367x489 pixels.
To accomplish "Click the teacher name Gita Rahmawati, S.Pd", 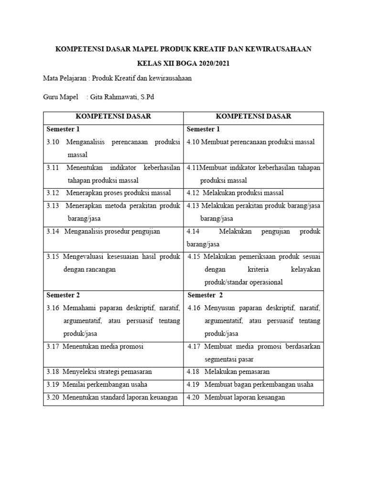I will (122, 97).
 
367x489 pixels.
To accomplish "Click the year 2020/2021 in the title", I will (213, 64).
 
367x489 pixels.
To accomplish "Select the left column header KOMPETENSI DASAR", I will (114, 117).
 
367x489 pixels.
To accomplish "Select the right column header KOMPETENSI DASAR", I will (253, 117).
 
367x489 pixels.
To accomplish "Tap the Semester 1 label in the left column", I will (63, 129).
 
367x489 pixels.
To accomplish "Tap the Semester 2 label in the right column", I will (205, 295).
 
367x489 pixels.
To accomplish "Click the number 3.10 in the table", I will (53, 142).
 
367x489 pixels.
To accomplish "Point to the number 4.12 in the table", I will (193, 193).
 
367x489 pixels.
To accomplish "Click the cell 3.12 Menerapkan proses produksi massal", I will (114, 193).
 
